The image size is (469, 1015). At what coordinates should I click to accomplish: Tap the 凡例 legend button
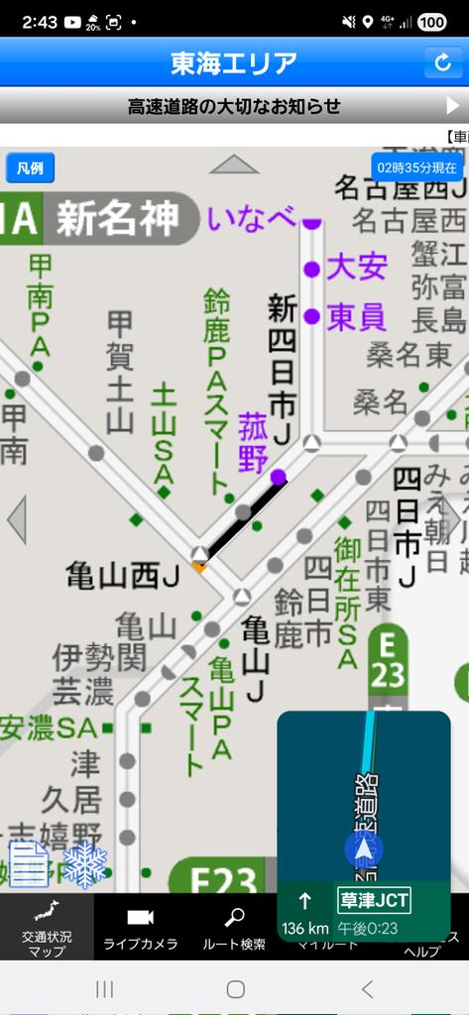[x=30, y=168]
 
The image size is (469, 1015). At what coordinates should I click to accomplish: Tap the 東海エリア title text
[x=234, y=62]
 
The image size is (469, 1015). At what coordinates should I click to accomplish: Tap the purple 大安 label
[x=356, y=267]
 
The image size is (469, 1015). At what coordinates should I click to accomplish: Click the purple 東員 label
[x=356, y=316]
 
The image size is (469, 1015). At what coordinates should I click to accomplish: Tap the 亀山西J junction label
[x=122, y=574]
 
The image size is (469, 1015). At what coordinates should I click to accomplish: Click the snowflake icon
[x=84, y=864]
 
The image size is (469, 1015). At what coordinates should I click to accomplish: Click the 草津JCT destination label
[x=374, y=901]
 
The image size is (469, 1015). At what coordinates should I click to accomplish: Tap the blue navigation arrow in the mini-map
[x=364, y=848]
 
